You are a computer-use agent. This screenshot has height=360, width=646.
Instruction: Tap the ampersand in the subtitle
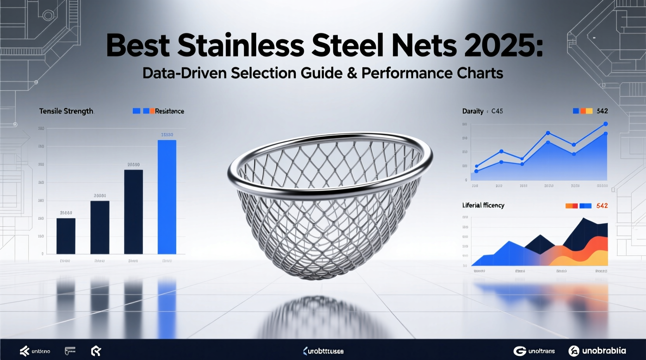click(x=352, y=73)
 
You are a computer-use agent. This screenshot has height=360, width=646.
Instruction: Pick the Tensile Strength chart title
click(x=66, y=111)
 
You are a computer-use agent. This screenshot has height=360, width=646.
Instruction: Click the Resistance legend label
click(x=169, y=111)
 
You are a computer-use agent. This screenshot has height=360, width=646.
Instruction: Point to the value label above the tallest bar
click(x=167, y=135)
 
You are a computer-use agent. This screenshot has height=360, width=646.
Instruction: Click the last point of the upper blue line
click(x=605, y=124)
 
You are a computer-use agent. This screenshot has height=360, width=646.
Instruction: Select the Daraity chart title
click(x=473, y=111)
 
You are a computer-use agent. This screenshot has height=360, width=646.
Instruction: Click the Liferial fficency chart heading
click(x=483, y=206)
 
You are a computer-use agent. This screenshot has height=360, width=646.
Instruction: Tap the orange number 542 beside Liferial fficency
click(x=602, y=206)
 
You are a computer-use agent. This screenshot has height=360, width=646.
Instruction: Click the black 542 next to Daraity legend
click(x=602, y=111)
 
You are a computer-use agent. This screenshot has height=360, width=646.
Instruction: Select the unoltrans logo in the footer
click(x=534, y=351)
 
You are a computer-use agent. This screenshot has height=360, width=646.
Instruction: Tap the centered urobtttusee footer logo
click(x=323, y=351)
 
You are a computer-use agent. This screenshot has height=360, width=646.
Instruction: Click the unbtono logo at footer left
click(x=35, y=351)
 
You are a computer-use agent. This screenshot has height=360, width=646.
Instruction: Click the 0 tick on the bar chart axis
click(x=42, y=254)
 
